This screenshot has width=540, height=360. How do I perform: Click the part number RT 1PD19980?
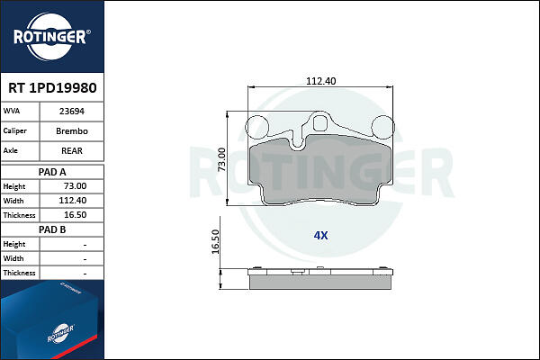coord(52,88)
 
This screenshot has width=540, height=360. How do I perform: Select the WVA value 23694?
coord(72,112)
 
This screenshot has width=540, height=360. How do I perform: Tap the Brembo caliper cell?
coord(72,130)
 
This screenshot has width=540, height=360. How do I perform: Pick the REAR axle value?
coord(72,150)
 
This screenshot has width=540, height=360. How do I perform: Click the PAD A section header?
coord(52,172)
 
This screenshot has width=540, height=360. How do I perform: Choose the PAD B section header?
coord(52,229)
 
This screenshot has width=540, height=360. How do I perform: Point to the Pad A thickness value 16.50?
coord(76,214)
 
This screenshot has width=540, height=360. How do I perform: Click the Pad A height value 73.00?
coord(76,186)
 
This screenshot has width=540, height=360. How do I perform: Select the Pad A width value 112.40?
coord(73,200)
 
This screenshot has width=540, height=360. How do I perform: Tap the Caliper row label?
coord(14,130)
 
